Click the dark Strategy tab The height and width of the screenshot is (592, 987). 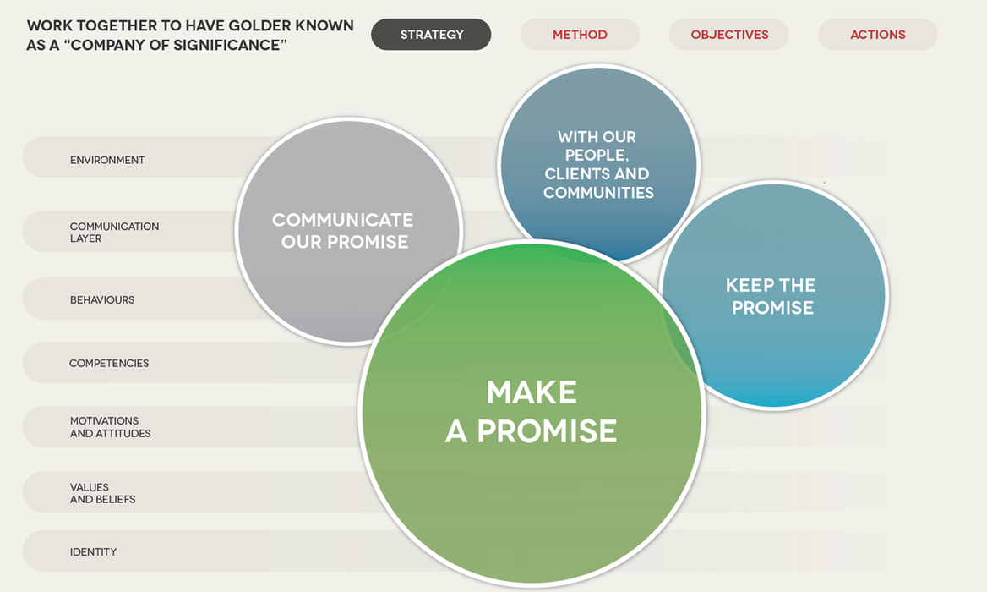tap(431, 34)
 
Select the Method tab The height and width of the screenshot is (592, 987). tap(580, 34)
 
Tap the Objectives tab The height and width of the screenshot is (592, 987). tap(729, 34)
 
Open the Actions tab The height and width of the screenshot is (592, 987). tap(877, 34)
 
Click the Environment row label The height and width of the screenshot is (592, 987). tap(107, 160)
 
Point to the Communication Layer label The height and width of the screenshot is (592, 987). tap(114, 233)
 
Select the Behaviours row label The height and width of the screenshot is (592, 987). tap(102, 299)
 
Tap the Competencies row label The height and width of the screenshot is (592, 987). tap(109, 363)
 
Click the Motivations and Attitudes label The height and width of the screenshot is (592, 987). tap(110, 427)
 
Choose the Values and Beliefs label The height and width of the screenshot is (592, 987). tap(102, 493)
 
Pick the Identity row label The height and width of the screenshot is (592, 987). tap(93, 551)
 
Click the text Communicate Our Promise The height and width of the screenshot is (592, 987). tap(343, 231)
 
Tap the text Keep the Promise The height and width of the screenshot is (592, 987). tap(771, 296)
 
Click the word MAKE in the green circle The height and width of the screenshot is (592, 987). tap(532, 392)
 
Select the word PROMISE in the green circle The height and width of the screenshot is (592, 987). tap(547, 431)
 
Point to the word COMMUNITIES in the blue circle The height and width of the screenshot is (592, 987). tap(598, 193)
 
